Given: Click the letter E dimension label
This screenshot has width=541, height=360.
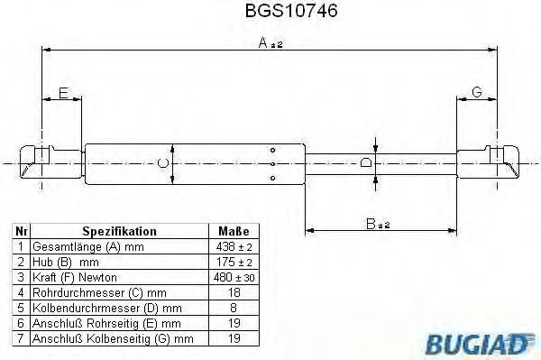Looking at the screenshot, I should pyautogui.click(x=62, y=92).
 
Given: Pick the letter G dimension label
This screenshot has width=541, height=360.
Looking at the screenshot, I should pyautogui.click(x=477, y=92).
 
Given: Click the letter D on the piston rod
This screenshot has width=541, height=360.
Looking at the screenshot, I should pyautogui.click(x=364, y=163).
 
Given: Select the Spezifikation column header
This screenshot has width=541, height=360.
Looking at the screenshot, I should pyautogui.click(x=119, y=231).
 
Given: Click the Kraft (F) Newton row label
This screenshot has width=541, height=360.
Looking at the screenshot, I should pyautogui.click(x=75, y=277).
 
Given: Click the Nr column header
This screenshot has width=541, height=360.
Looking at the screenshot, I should pyautogui.click(x=20, y=231).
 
